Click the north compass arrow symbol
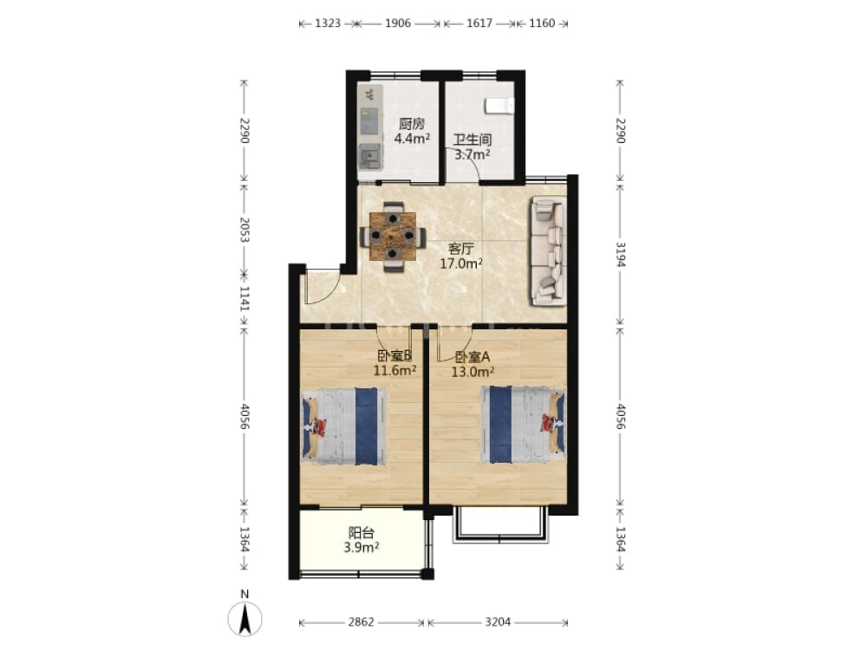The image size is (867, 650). pos(245,619)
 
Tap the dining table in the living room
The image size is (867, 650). pos(393,236)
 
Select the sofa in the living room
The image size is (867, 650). pos(548,251)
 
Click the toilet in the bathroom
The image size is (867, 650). pos(499,106)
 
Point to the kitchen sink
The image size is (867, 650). pos(369,156)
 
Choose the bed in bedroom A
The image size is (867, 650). pos(523,425)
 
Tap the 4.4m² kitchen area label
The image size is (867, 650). pos(412,139)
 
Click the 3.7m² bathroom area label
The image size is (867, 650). pos(473,155)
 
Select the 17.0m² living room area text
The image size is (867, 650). pos(461,263)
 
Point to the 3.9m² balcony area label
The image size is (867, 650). pos(361,548)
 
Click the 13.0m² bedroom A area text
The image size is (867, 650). pos(473,372)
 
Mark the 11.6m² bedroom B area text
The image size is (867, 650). pos(394,370)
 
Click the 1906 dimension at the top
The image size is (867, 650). pos(398,23)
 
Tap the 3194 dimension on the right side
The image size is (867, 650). pos(621,254)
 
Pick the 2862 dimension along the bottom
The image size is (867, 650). pos(361,622)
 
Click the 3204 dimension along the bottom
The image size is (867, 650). pos(498,622)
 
